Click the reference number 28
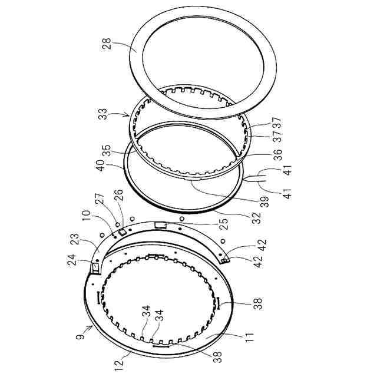click(x=107, y=44)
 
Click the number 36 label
click(x=277, y=155)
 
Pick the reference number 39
click(x=264, y=202)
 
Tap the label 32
click(x=257, y=218)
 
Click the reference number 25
click(x=224, y=224)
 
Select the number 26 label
click(x=120, y=195)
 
